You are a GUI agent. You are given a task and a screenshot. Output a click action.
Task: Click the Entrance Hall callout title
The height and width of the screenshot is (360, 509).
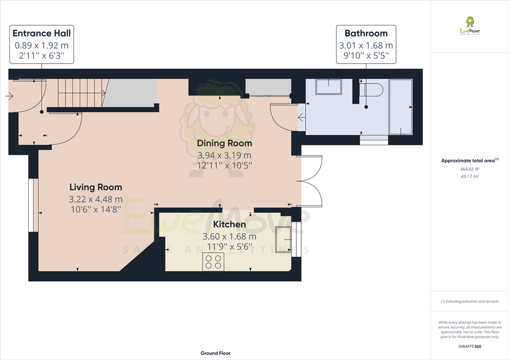41,33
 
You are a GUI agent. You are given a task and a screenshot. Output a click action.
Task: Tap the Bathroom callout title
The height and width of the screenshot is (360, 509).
366,33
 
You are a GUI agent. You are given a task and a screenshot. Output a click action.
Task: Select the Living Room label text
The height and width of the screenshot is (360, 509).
95,187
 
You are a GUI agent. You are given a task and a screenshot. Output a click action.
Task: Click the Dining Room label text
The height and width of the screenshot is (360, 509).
225,143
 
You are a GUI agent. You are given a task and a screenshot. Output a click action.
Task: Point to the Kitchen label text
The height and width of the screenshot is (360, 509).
230,225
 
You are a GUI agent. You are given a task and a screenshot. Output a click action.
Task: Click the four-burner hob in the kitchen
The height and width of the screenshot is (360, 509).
213,262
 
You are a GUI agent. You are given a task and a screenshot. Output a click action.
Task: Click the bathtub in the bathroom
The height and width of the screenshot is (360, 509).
400,106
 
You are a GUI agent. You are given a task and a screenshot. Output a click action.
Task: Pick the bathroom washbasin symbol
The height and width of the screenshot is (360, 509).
329,87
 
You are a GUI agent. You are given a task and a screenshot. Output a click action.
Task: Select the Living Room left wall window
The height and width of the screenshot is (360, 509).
33,205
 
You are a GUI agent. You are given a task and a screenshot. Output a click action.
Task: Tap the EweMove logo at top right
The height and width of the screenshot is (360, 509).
469,26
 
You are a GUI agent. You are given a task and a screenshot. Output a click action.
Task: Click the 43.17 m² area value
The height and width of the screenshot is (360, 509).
469,176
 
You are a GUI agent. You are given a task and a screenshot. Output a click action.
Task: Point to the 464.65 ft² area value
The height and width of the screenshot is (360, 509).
469,169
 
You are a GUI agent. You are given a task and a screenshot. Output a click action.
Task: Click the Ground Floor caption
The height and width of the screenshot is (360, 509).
215,353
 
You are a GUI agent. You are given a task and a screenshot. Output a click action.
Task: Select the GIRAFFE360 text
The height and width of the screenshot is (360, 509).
470,346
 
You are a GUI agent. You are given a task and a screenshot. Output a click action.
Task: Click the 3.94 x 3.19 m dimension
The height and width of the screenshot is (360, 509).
225,155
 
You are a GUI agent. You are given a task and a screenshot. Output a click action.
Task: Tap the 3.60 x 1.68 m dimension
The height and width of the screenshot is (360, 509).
230,236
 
